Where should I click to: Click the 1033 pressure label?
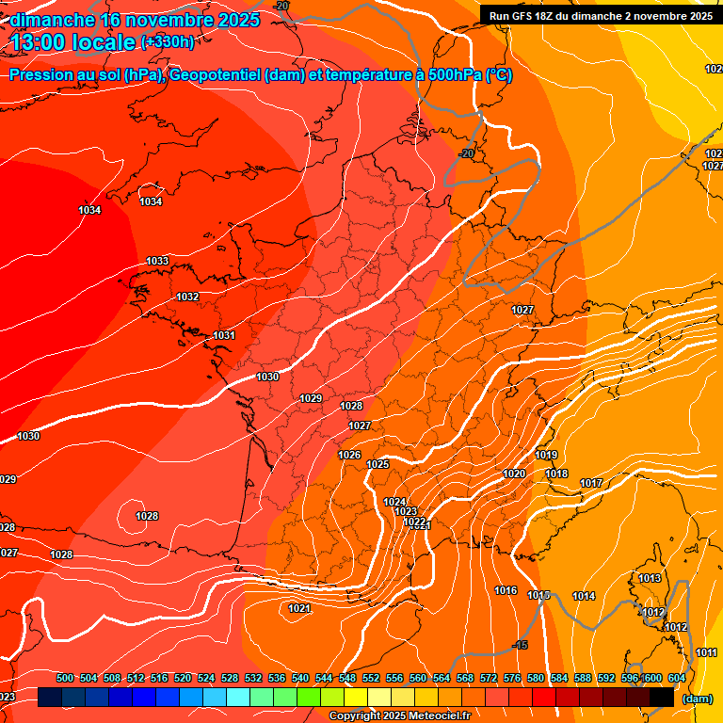pyautogui.click(x=157, y=261)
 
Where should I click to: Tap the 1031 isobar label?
pyautogui.click(x=224, y=336)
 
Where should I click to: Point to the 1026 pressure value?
pyautogui.click(x=349, y=456)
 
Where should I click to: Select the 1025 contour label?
pyautogui.click(x=378, y=465)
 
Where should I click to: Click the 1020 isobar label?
pyautogui.click(x=514, y=474)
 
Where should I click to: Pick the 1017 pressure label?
pyautogui.click(x=591, y=484)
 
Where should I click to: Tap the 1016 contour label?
pyautogui.click(x=506, y=591)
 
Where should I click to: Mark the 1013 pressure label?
pyautogui.click(x=650, y=578)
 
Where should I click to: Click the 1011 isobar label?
pyautogui.click(x=706, y=653)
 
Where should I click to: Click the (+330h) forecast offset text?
pyautogui.click(x=168, y=41)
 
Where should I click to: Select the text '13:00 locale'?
pyautogui.click(x=72, y=41)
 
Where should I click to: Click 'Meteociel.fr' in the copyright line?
pyautogui.click(x=438, y=716)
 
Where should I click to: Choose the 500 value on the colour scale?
pyautogui.click(x=65, y=679)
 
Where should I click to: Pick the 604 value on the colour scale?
pyautogui.click(x=676, y=679)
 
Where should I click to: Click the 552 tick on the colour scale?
pyautogui.click(x=371, y=679)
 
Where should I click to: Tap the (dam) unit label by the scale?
pyautogui.click(x=697, y=699)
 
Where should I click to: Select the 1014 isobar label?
pyautogui.click(x=584, y=597)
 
